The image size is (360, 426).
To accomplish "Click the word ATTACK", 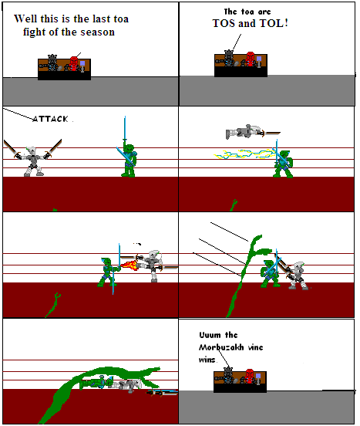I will coord(51,119).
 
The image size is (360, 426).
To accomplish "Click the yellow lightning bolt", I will coord(240,154).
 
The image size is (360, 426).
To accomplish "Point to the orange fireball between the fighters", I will coord(131,266).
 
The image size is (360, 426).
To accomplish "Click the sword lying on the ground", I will coord(163,392).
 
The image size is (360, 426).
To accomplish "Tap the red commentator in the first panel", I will coord(74,63).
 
